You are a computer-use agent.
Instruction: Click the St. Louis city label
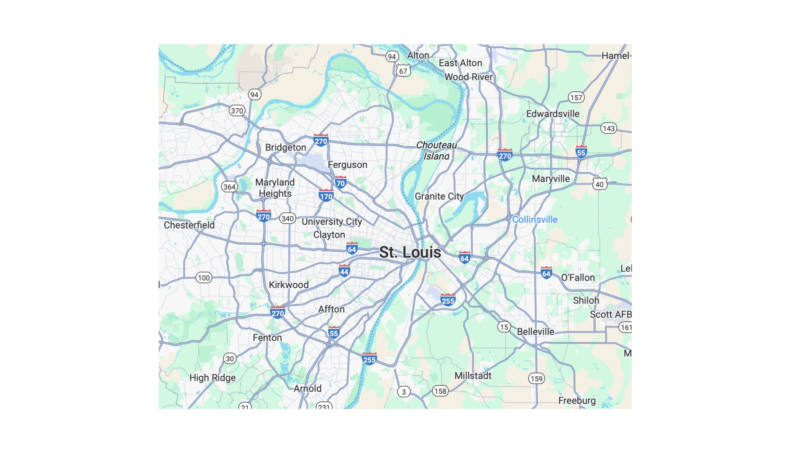tap(410, 252)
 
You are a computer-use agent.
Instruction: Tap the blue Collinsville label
tap(534, 219)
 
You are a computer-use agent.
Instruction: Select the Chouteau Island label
tap(437, 151)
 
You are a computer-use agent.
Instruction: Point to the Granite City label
tap(439, 196)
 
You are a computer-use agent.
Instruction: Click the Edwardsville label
tap(552, 114)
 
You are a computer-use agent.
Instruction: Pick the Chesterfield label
tap(189, 225)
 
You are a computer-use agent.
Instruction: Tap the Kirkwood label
tap(288, 285)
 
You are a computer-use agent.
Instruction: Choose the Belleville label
tap(535, 332)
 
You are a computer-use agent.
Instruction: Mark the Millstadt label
tap(473, 376)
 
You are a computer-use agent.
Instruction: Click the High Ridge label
tap(212, 378)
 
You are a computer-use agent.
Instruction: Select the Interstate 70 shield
tap(340, 182)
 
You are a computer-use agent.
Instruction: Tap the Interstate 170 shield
tap(326, 196)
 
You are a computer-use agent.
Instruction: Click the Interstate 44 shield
tap(344, 271)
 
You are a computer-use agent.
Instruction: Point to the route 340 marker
tap(288, 219)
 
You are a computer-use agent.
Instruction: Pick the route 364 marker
tap(229, 187)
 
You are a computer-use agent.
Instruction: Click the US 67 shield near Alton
tap(403, 71)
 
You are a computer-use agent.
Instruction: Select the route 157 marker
tap(576, 97)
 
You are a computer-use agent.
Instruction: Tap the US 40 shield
tap(599, 184)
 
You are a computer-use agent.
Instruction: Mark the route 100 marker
tap(204, 278)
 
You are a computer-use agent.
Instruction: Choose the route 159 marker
tap(536, 379)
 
